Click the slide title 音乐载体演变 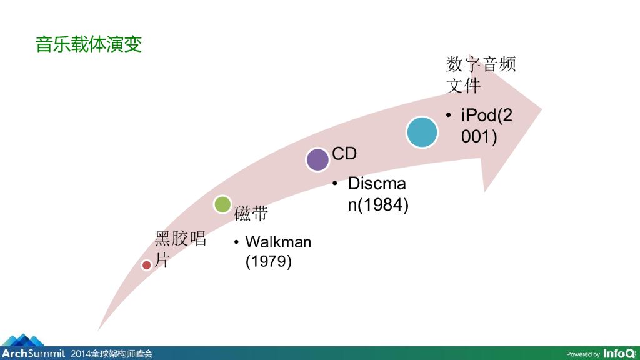tap(89, 45)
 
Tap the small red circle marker tap(146, 265)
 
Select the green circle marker tap(222, 204)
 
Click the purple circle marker tap(317, 159)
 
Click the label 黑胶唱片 tap(180, 249)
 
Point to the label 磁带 tap(251, 214)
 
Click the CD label tap(344, 154)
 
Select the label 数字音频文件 tap(481, 74)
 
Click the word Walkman tap(278, 242)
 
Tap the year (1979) tap(269, 261)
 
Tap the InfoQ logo tap(619, 353)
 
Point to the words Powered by tap(583, 354)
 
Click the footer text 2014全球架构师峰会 tap(112, 354)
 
